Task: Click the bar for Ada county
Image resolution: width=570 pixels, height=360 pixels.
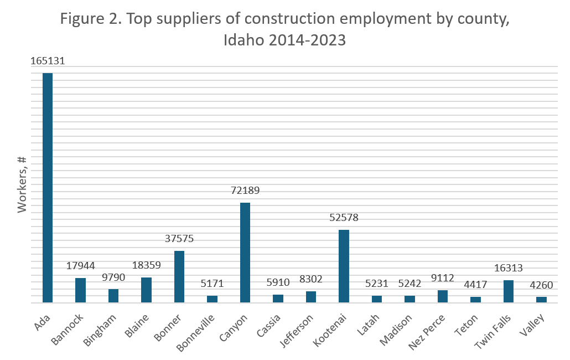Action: click(48, 188)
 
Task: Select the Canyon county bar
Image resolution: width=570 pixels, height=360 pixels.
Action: click(245, 253)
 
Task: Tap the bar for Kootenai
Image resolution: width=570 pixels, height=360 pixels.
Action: click(344, 266)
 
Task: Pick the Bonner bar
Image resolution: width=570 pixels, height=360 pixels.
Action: click(179, 276)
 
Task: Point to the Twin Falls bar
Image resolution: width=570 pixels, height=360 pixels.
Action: click(509, 291)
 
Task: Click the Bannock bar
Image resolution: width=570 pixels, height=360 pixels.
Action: click(81, 290)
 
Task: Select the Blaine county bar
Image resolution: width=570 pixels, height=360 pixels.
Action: click(147, 290)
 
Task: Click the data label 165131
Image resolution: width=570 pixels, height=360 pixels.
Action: click(48, 61)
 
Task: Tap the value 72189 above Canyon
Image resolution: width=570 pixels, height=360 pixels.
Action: click(245, 191)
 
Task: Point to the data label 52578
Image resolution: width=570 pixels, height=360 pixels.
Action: click(344, 218)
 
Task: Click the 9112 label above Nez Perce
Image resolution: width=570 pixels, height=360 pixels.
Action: click(443, 278)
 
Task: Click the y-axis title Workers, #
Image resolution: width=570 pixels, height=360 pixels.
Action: click(23, 184)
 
